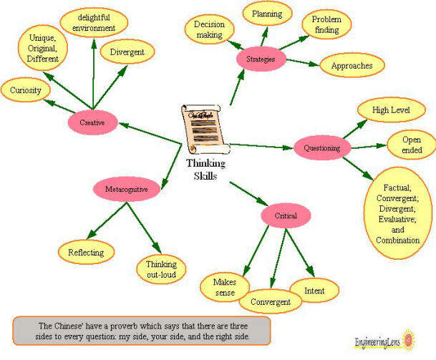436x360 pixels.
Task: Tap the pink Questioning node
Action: click(321, 147)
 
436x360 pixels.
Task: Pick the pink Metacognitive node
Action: click(126, 190)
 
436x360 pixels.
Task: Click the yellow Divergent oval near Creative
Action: click(127, 52)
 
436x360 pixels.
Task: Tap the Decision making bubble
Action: click(210, 29)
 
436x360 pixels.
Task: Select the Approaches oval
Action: click(352, 65)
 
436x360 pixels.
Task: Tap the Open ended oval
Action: click(412, 145)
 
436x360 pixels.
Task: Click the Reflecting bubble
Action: click(86, 253)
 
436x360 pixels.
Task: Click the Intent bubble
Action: click(314, 291)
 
